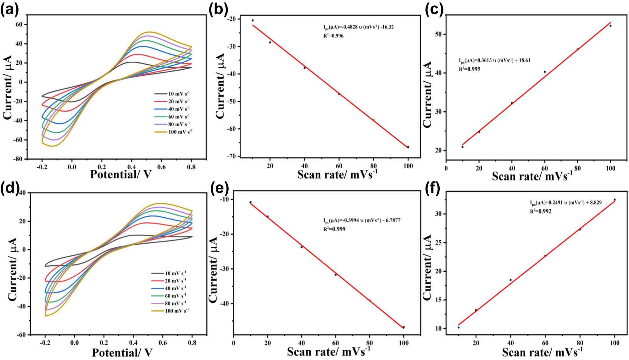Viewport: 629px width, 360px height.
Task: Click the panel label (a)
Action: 9,10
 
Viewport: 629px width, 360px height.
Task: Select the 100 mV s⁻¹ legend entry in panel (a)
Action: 173,132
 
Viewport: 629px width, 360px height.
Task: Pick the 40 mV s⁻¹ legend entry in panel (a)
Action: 172,109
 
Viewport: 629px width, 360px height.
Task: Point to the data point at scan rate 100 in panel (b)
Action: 408,147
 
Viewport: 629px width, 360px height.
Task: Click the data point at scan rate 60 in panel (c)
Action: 545,72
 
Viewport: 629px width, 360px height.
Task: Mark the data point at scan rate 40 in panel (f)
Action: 510,280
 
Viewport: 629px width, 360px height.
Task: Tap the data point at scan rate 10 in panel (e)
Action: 250,202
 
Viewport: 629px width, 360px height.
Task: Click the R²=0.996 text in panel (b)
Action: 333,36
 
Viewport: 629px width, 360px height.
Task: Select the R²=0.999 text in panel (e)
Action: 334,229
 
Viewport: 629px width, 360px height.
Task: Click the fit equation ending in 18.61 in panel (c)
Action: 494,60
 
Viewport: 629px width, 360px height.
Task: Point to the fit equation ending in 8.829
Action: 565,203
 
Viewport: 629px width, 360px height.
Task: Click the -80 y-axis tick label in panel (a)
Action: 18,159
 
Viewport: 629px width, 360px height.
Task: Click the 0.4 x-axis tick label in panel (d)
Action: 133,343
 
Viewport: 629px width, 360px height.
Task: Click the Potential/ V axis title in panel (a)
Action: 121,174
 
